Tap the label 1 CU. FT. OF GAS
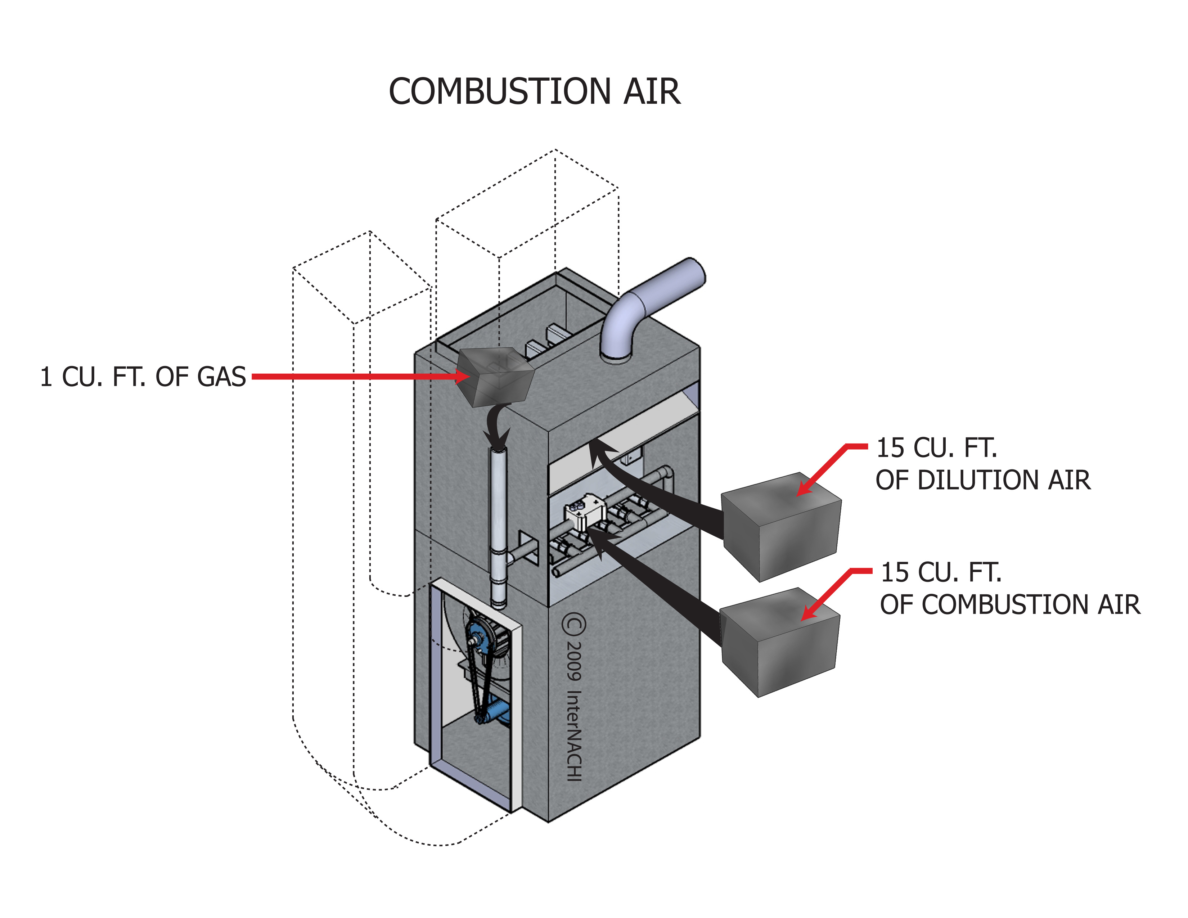[143, 377]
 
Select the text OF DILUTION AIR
[982, 480]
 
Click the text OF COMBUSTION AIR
[1009, 605]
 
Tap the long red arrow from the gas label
[354, 376]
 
